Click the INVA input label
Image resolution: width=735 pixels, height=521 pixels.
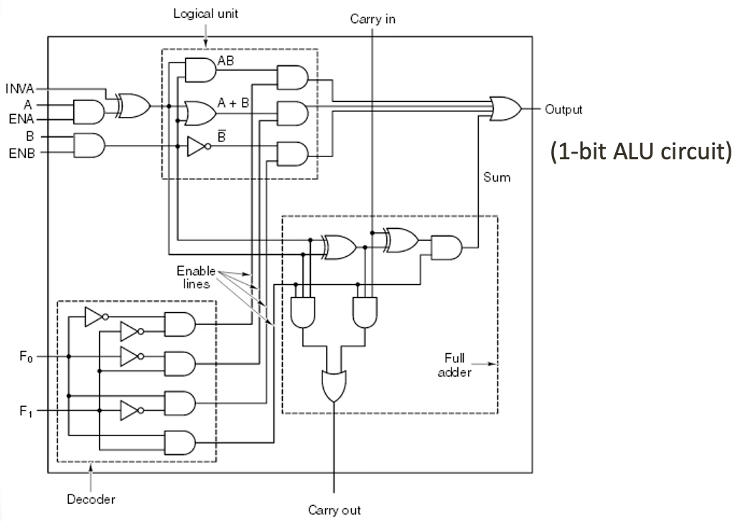19,88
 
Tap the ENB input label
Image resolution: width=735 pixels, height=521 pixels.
22,153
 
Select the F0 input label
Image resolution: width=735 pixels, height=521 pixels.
27,357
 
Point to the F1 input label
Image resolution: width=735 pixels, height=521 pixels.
27,411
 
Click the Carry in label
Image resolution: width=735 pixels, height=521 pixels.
373,19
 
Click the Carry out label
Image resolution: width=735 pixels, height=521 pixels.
334,510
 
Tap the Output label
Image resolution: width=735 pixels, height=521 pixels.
563,110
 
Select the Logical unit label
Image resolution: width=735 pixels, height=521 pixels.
205,14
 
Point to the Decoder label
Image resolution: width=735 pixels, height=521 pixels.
91,499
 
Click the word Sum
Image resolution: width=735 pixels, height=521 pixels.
497,177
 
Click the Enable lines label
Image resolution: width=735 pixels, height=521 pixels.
196,278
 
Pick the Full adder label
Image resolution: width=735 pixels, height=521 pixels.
454,365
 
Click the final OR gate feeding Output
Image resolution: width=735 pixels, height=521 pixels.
505,108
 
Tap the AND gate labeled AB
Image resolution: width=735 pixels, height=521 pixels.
201,70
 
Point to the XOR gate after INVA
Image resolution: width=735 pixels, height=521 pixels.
134,106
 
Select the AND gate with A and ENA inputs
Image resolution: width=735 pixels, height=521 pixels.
89,112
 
